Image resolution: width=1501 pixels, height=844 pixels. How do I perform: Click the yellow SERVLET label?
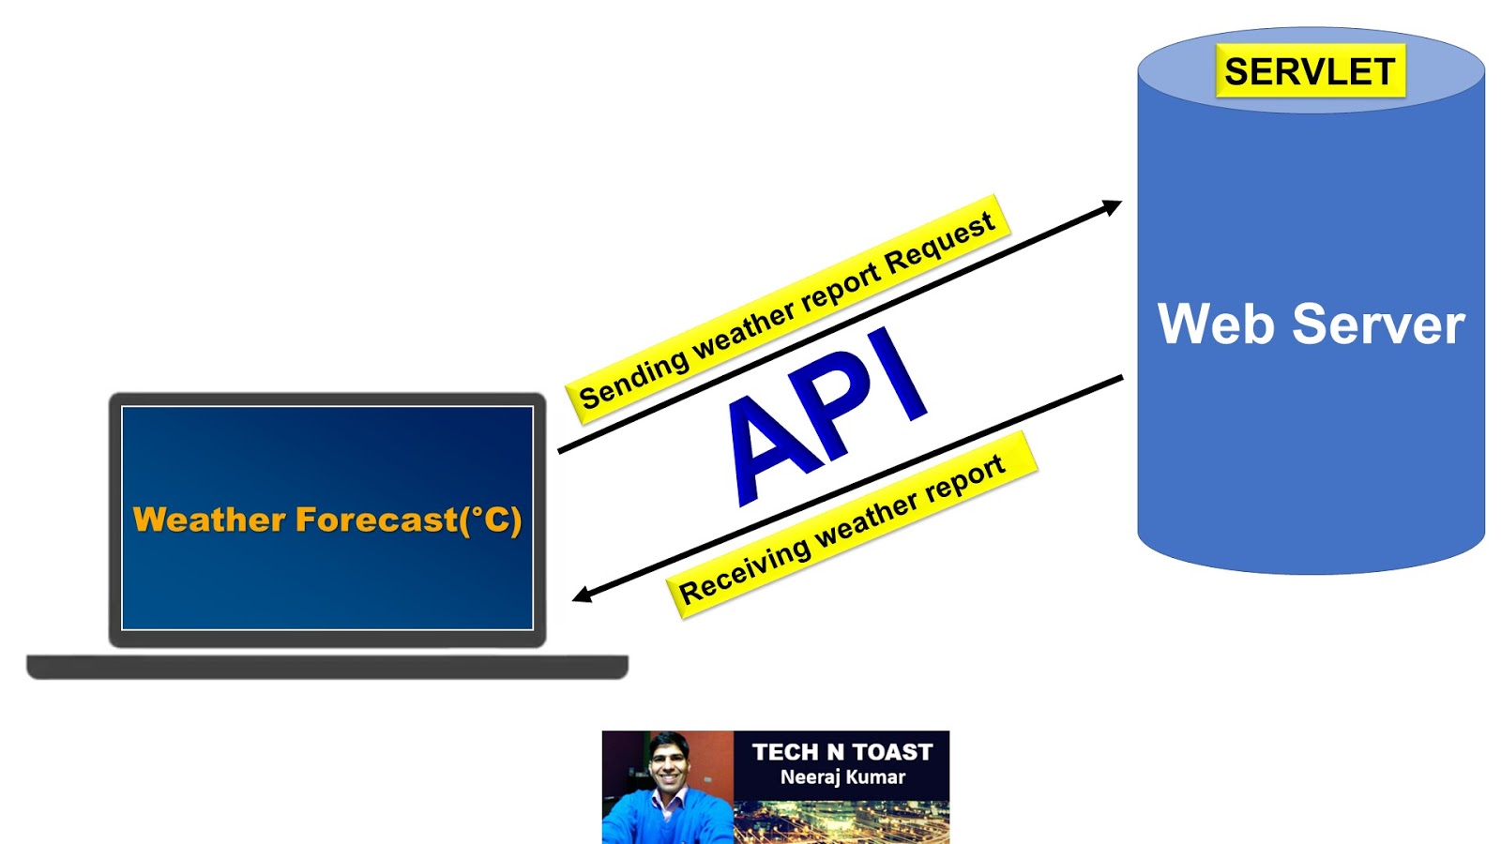[1310, 71]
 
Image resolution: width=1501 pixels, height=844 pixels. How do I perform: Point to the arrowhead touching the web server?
[1113, 206]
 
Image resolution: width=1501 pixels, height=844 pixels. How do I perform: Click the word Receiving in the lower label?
[743, 571]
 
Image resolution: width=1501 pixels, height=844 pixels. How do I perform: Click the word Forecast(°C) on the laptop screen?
[409, 520]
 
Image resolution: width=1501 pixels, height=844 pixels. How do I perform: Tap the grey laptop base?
[326, 667]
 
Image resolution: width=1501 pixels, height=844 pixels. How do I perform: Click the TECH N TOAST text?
[841, 752]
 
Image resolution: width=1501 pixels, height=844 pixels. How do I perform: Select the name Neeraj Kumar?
[841, 777]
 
